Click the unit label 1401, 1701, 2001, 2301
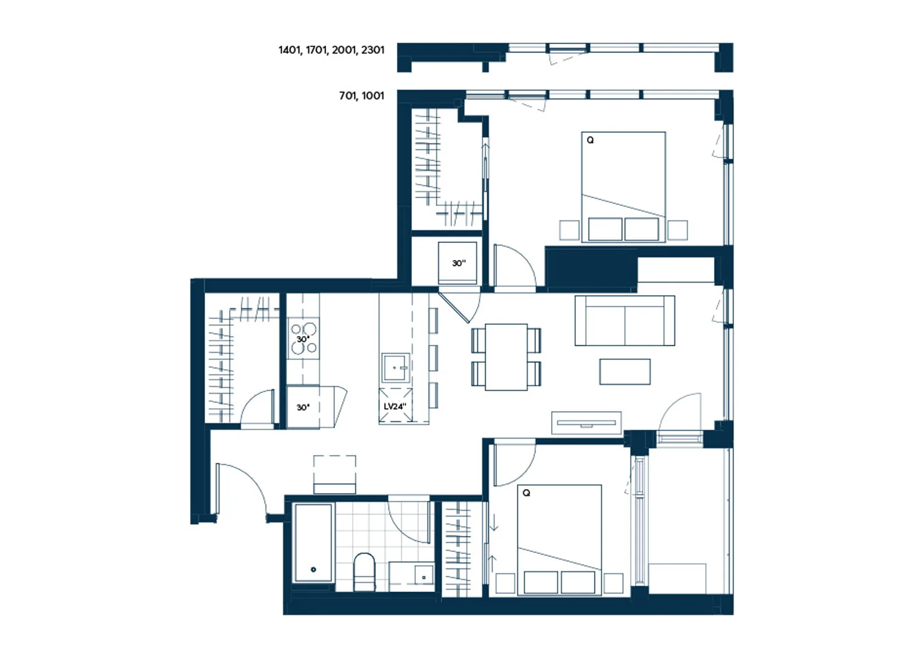(x=331, y=51)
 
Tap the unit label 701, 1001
(x=361, y=96)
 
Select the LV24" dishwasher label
(x=395, y=407)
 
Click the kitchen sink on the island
(x=395, y=368)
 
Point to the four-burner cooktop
(x=303, y=339)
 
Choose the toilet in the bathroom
(x=365, y=572)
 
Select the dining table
(x=506, y=357)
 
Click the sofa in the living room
(x=625, y=321)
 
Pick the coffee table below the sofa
(x=625, y=372)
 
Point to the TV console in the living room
(x=586, y=423)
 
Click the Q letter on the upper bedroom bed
(x=590, y=140)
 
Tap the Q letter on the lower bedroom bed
(x=526, y=493)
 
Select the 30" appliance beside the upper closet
(x=458, y=263)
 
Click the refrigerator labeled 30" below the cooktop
(x=303, y=407)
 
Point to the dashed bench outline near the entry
(x=334, y=474)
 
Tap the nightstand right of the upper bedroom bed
(x=678, y=230)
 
